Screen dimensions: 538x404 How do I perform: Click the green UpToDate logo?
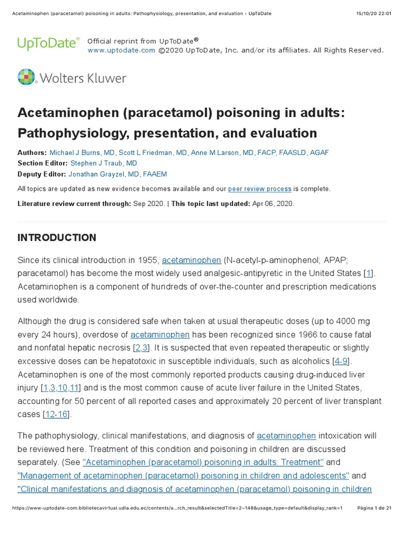pyautogui.click(x=48, y=43)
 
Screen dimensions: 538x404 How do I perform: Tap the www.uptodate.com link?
pyautogui.click(x=121, y=50)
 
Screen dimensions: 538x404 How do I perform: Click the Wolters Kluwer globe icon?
pyautogui.click(x=26, y=77)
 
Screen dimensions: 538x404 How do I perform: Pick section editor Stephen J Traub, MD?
pyautogui.click(x=104, y=163)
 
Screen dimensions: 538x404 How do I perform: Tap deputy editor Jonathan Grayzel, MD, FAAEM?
pyautogui.click(x=118, y=174)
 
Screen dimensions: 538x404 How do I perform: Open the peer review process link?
pyautogui.click(x=259, y=189)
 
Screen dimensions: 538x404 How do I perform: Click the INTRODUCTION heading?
pyautogui.click(x=57, y=238)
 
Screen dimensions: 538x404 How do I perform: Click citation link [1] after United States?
pyautogui.click(x=369, y=273)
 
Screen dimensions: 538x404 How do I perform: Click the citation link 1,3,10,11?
pyautogui.click(x=60, y=388)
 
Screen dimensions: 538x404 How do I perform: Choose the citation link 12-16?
pyautogui.click(x=56, y=414)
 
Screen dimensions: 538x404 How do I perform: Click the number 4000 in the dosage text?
pyautogui.click(x=359, y=322)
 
